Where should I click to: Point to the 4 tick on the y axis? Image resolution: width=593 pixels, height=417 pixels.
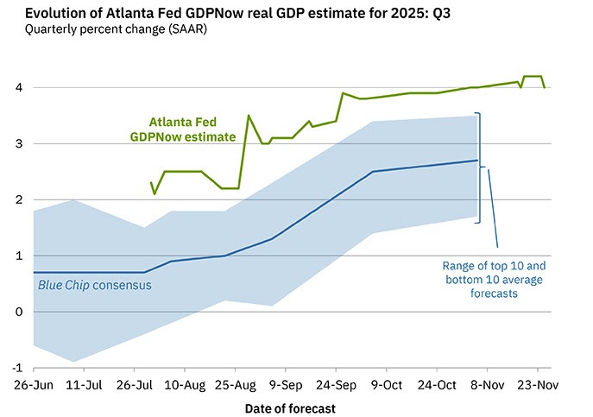click(x=18, y=87)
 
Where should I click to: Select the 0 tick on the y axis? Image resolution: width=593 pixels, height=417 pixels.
click(x=18, y=312)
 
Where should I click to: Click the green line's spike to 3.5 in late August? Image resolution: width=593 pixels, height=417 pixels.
click(x=249, y=116)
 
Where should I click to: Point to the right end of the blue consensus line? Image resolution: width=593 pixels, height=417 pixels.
click(x=477, y=161)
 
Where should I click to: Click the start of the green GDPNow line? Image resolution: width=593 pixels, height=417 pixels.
click(x=151, y=182)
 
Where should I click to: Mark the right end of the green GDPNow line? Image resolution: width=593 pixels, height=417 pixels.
click(x=544, y=87)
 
